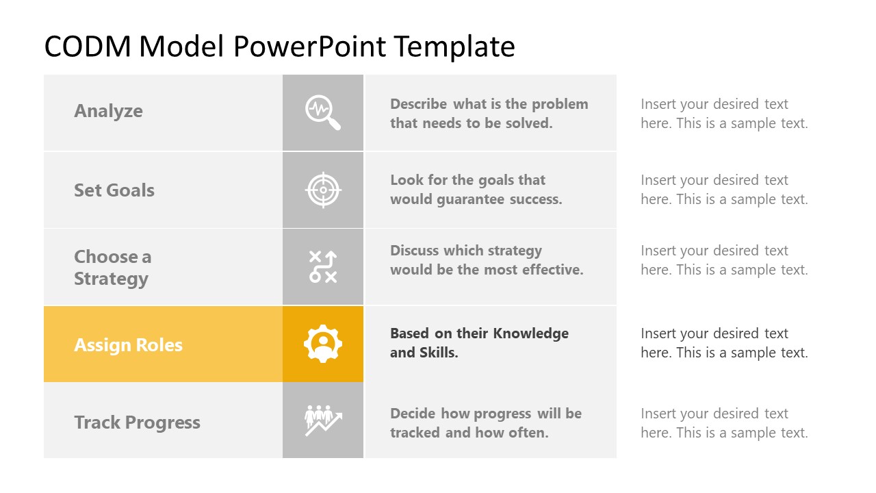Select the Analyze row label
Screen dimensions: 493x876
pos(108,111)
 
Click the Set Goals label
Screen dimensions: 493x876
pos(114,190)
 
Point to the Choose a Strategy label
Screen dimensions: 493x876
pos(112,268)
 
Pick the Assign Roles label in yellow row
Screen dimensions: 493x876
pos(128,344)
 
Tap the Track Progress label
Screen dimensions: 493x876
pos(137,422)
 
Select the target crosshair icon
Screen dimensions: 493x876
pos(323,190)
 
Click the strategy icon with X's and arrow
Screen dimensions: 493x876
pos(323,267)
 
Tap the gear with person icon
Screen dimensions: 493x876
pos(323,344)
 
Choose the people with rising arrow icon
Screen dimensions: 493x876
pos(323,420)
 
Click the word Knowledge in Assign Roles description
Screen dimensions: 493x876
pos(531,333)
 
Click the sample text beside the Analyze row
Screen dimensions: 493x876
pos(724,114)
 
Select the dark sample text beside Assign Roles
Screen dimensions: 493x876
pos(724,343)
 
